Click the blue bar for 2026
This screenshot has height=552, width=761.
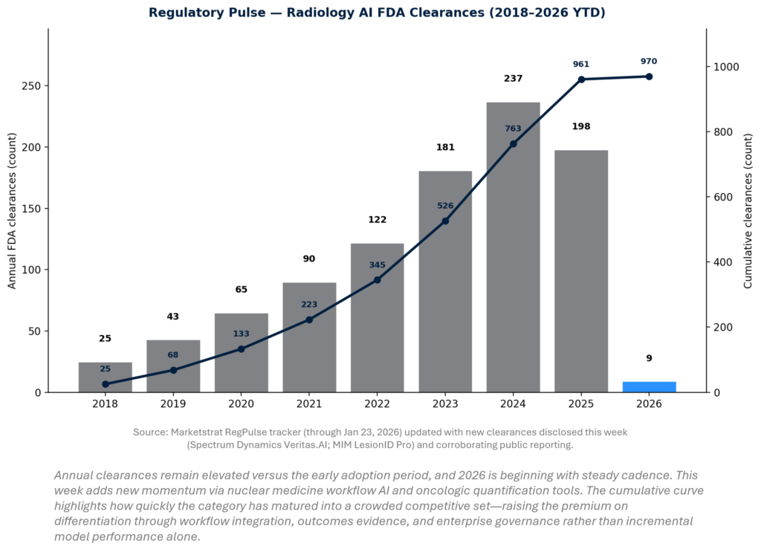(649, 387)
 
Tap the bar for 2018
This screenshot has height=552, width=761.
(105, 377)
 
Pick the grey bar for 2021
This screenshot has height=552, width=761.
(309, 337)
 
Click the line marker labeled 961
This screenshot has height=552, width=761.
(581, 79)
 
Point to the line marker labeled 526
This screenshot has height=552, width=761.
(445, 221)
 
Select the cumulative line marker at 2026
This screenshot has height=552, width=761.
(649, 77)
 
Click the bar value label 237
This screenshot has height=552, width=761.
(513, 78)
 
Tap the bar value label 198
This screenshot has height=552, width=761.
(581, 126)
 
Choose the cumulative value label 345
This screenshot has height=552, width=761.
(377, 264)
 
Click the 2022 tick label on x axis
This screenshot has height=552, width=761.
(377, 404)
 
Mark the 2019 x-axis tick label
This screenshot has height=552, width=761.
(173, 404)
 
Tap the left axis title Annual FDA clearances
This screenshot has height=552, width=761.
(12, 210)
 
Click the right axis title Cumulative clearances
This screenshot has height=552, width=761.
(748, 210)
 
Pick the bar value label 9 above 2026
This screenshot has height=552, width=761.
(649, 358)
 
